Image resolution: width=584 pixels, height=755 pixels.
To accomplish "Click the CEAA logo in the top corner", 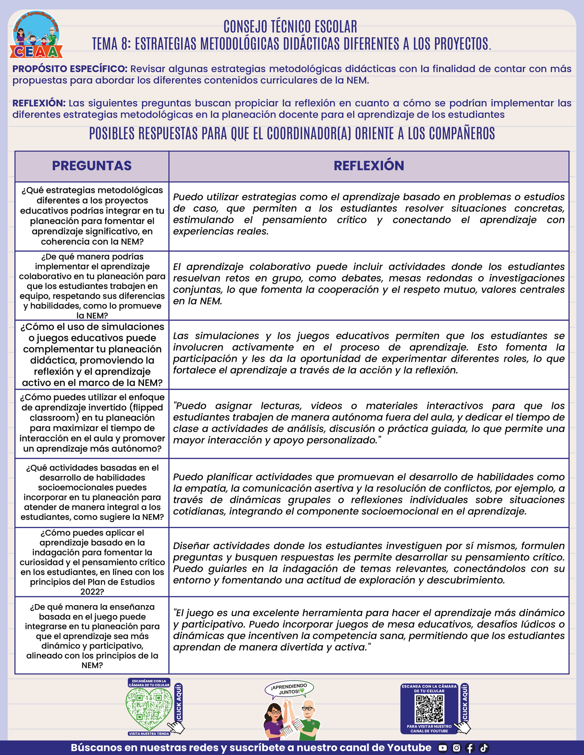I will point(36,35).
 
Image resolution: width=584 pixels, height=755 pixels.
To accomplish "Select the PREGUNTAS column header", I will point(92,166).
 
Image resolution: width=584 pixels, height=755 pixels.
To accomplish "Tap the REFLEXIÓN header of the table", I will point(369,166).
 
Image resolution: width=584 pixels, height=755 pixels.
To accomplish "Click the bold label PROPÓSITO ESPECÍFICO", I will point(70,69).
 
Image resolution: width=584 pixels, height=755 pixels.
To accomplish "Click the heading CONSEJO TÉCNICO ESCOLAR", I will point(290,27).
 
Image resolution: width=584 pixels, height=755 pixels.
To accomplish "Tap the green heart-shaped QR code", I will point(149,709).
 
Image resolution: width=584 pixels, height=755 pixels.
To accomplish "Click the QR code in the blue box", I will point(430,709).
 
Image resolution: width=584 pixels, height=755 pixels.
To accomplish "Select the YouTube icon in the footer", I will point(443,748).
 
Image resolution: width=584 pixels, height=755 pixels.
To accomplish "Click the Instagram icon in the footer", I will point(456,748).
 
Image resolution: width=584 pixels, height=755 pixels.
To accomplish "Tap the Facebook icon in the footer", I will point(470,748).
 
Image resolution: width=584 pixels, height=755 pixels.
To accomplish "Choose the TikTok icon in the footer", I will point(483,748).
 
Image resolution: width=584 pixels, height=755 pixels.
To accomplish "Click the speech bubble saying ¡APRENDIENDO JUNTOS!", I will point(289,690).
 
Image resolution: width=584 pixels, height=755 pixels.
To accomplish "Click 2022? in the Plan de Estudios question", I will point(92,592).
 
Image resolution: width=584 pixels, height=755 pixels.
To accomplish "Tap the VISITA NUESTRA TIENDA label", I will point(149,734).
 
